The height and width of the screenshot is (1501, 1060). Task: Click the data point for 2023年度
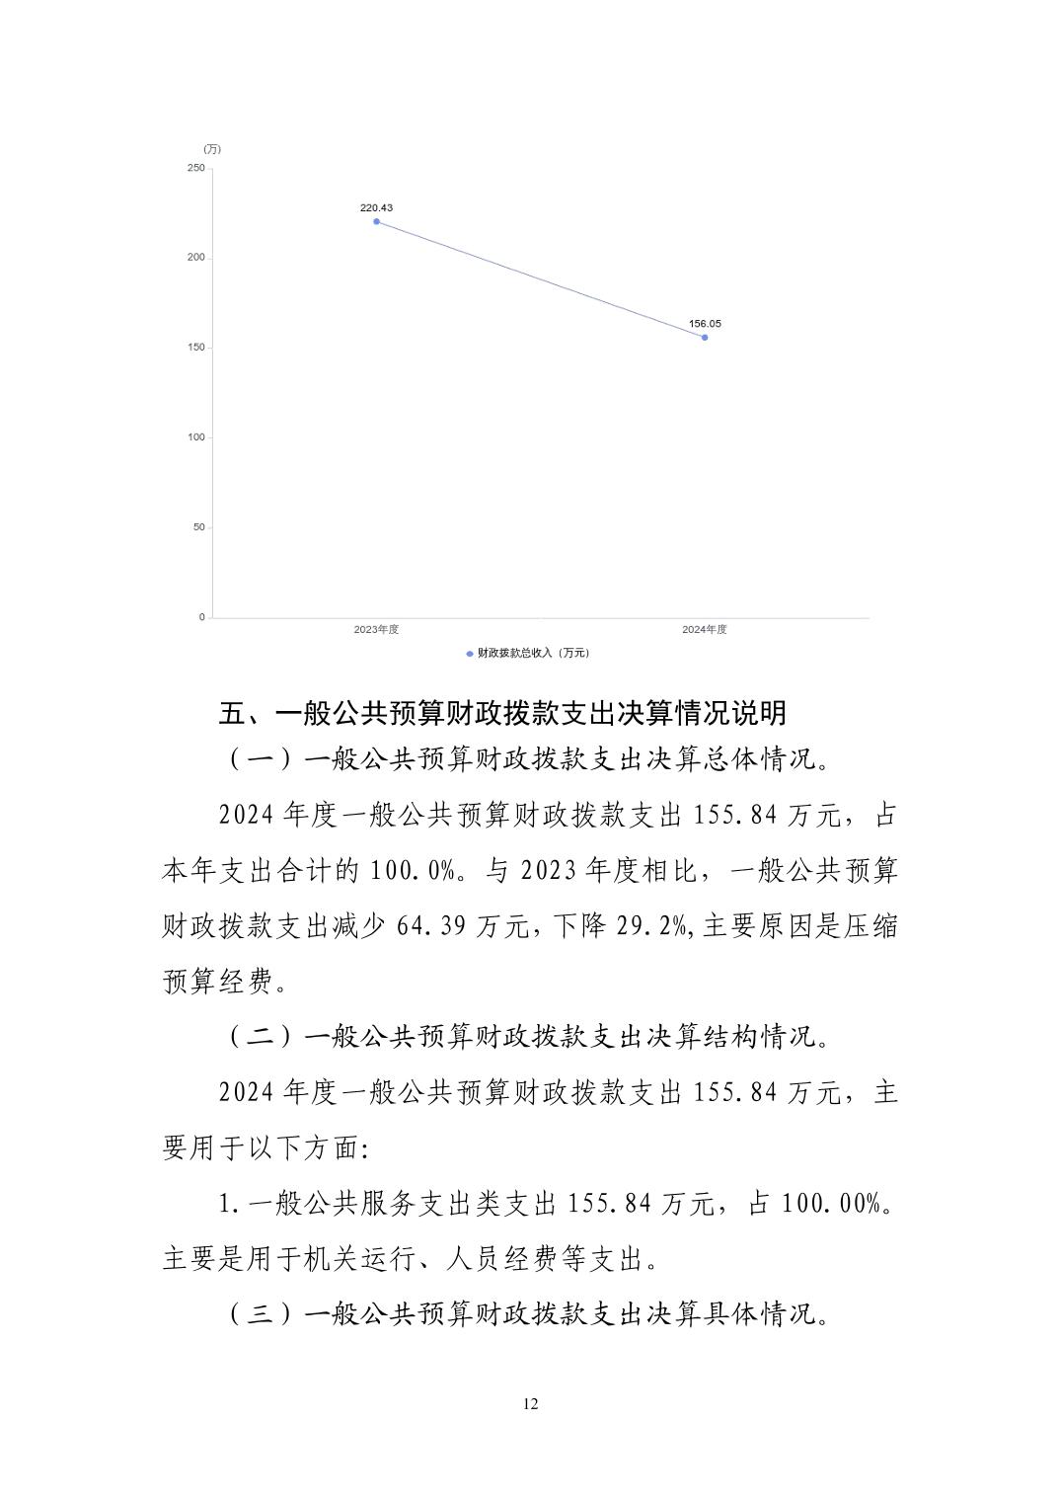377,222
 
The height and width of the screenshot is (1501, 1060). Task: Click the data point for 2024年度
705,338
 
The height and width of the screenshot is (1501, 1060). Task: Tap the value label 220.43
376,208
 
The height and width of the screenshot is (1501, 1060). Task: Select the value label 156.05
705,324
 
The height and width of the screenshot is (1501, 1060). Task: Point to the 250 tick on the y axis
195,168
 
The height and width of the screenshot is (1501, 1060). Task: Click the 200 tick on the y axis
195,258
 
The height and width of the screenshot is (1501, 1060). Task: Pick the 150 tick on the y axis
195,348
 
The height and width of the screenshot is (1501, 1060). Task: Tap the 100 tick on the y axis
195,437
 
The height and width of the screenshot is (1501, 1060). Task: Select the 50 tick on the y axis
198,527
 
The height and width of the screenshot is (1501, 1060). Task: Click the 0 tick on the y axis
201,617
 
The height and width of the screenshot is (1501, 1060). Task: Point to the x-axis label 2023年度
376,630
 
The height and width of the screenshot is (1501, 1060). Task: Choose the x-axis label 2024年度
705,630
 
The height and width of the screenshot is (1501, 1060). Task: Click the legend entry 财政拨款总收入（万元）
528,653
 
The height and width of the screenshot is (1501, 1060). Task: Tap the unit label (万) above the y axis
212,149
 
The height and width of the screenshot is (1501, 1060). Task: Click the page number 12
531,1404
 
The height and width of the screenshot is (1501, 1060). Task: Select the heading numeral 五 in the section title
231,713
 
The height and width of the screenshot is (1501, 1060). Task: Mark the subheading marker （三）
263,1315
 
